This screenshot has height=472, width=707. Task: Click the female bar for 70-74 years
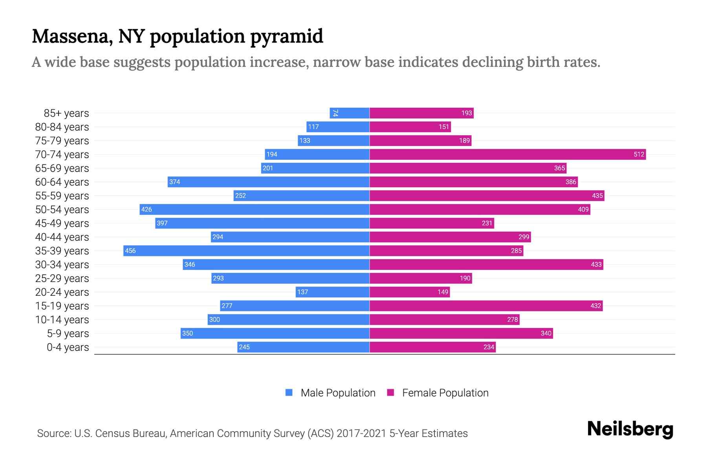[507, 154]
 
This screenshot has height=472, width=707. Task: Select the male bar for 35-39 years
[246, 251]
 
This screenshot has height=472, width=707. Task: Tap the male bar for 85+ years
[350, 113]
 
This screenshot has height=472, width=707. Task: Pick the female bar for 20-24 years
[410, 292]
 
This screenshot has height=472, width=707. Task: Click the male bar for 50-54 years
[255, 209]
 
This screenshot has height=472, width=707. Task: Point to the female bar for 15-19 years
[486, 306]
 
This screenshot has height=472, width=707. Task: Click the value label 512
[639, 154]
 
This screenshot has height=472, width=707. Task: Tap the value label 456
[130, 251]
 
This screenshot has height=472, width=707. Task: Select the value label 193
[466, 113]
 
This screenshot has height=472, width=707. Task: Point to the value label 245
[244, 347]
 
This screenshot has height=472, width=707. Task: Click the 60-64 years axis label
[62, 182]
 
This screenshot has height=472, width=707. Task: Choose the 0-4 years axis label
[68, 347]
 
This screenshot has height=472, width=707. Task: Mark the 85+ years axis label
[66, 113]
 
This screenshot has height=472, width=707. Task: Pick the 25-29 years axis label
[62, 278]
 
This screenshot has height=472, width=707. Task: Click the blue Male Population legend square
[289, 393]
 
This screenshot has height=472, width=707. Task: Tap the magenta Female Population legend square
[390, 393]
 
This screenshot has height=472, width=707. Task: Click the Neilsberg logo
[630, 429]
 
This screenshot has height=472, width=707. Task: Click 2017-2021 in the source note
[361, 433]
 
